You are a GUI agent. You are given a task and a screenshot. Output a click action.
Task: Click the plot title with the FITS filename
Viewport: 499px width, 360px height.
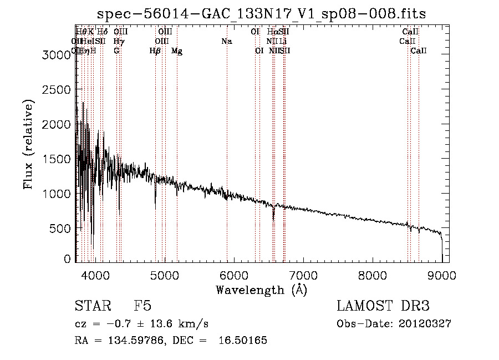click(x=262, y=14)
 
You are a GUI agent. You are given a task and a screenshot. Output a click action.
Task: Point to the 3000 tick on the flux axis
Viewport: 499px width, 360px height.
click(x=58, y=55)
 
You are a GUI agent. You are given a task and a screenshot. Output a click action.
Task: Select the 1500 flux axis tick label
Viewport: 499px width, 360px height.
click(x=58, y=159)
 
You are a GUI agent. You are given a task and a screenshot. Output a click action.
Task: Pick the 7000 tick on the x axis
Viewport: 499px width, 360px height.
click(x=303, y=275)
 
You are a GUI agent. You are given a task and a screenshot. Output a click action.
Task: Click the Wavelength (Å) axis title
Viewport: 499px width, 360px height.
click(x=261, y=290)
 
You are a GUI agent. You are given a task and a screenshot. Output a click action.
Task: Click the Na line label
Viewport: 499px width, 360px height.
click(x=226, y=42)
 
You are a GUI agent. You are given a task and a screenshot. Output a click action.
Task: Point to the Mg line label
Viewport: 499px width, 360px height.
click(x=177, y=51)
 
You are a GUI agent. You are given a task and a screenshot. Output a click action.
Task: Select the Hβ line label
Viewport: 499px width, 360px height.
click(x=155, y=51)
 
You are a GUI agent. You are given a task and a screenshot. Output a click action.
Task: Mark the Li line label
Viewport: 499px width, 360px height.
click(x=283, y=42)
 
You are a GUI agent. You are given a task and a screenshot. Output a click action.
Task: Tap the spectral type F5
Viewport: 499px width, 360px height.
click(x=142, y=306)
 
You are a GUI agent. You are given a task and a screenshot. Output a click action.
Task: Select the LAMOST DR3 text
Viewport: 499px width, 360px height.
click(x=383, y=306)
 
